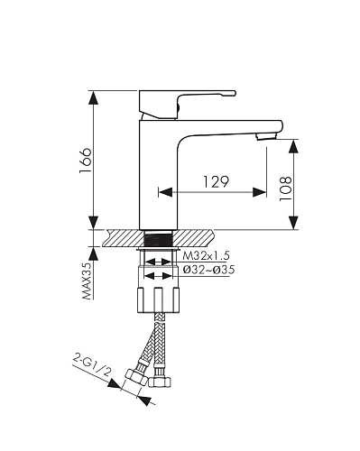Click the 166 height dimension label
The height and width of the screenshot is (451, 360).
(x=85, y=160)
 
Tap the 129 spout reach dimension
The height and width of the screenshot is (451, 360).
(x=216, y=181)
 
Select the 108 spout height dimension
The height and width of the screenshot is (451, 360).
(x=285, y=189)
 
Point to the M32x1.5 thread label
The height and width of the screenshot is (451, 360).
(x=207, y=256)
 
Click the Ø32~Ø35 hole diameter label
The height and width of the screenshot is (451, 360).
(x=208, y=270)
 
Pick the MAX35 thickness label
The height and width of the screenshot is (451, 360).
(x=87, y=281)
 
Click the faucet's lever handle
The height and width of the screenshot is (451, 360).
(x=187, y=104)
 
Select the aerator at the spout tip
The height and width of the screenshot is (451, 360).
(x=266, y=137)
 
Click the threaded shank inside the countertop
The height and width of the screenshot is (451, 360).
(x=158, y=239)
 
